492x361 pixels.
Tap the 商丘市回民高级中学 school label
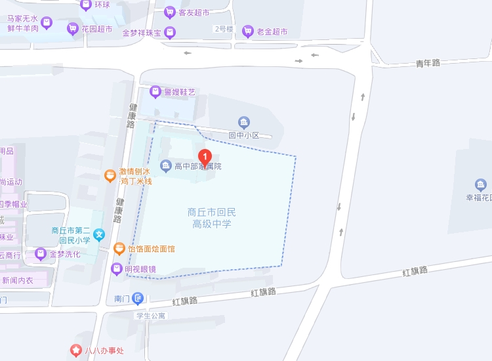point(211,218)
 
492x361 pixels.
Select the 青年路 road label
point(428,63)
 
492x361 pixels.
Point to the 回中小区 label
point(244,135)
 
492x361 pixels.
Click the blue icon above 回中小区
point(244,122)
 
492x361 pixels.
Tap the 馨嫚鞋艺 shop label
point(179,92)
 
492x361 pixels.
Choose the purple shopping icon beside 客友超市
point(170,12)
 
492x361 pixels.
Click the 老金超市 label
point(272,31)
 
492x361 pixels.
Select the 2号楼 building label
point(224,29)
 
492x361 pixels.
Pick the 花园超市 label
point(96,29)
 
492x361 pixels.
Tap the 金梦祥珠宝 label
point(142,33)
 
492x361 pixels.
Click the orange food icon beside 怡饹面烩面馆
point(119,249)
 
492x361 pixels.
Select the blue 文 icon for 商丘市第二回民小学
point(99,234)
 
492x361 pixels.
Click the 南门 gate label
point(122,299)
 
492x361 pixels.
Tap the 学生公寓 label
point(151,315)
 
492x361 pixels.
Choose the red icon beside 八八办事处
point(76,350)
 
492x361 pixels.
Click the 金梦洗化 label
point(65,254)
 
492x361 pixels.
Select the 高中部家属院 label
point(197,166)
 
